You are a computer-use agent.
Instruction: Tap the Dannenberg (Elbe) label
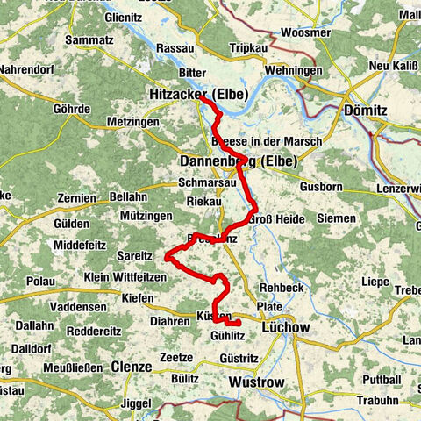click(x=238, y=162)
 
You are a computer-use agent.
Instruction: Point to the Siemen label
click(x=338, y=217)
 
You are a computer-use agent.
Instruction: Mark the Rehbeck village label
click(x=282, y=288)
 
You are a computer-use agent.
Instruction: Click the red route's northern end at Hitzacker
click(x=200, y=96)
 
